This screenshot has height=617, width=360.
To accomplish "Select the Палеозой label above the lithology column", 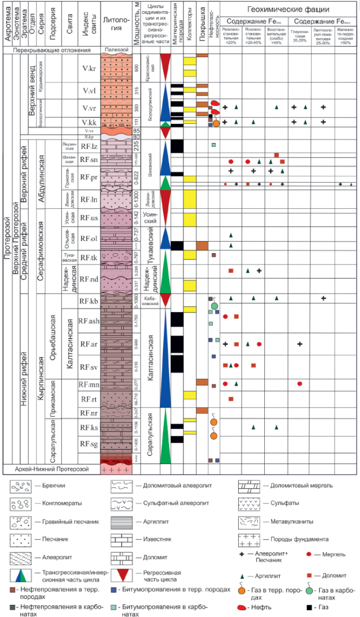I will [116, 50].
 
